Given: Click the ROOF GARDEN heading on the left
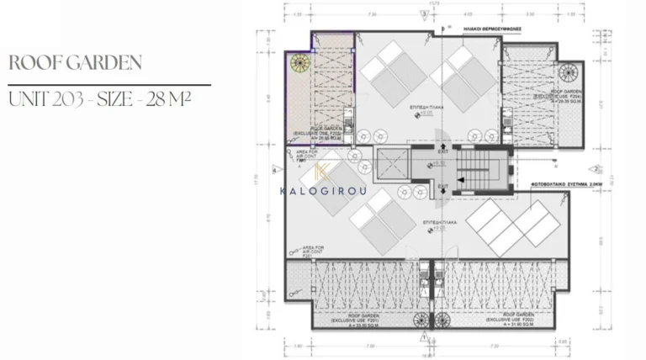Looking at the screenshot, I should (x=74, y=63).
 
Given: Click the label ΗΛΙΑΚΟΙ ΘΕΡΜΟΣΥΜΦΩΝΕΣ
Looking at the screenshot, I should (x=494, y=28).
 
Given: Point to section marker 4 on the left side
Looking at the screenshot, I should (x=275, y=169).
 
